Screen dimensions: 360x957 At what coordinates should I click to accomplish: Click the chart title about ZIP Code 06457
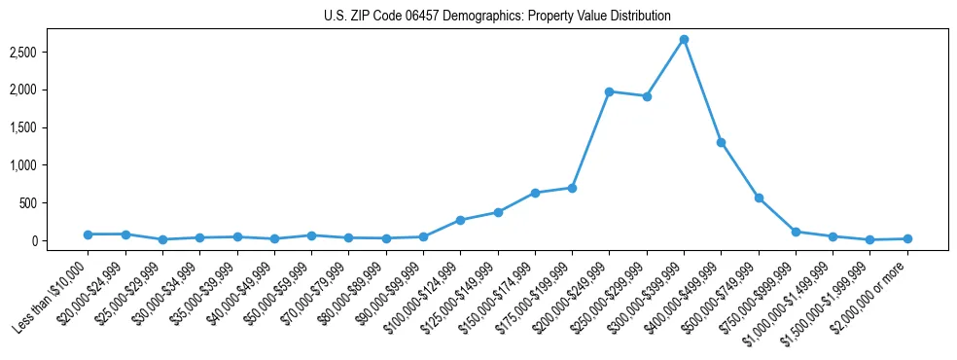pos(497,16)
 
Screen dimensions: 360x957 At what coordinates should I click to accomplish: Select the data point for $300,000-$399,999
pos(684,40)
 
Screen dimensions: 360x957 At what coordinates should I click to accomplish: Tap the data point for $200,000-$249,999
pos(609,91)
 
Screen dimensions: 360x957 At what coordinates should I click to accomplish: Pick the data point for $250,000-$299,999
pos(647,96)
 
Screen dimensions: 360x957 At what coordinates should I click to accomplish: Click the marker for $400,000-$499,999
pos(721,142)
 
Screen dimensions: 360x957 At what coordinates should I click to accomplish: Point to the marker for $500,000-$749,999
pos(759,198)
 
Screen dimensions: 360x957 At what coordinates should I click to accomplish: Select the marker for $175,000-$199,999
pos(572,188)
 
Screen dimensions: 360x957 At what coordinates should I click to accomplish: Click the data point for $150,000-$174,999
pos(535,193)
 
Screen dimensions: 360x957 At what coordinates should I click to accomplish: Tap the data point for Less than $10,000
pos(88,234)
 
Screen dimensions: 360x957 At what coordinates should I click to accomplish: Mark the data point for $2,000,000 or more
pos(907,238)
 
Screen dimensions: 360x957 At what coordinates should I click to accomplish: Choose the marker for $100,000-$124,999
pos(460,220)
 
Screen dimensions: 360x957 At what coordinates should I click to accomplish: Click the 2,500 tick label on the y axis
pos(51,52)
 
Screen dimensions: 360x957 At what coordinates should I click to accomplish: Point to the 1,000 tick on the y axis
pos(51,165)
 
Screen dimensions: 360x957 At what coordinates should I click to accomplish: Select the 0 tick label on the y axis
pos(59,241)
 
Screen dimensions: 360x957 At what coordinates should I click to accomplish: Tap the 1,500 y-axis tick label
pos(51,127)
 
